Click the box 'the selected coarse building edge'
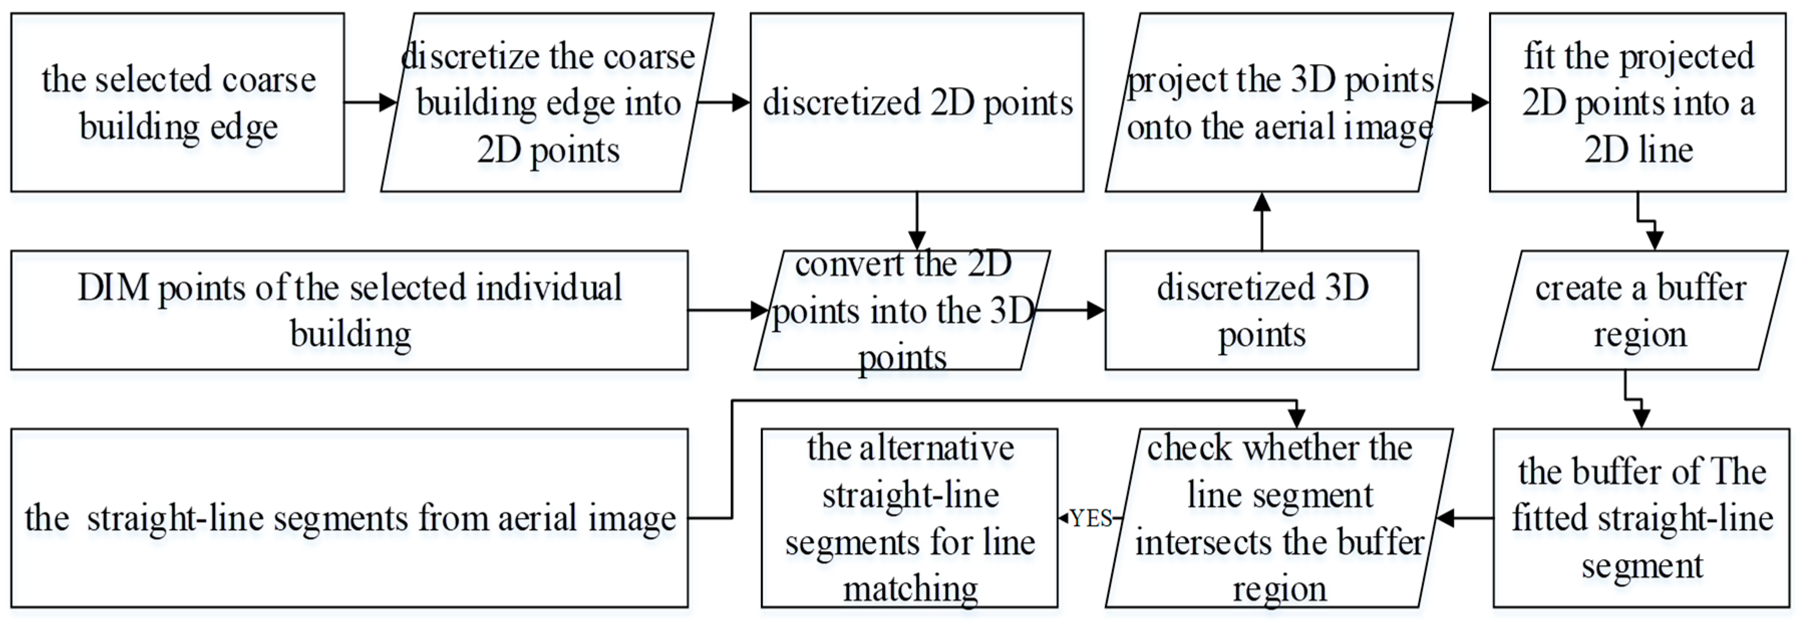point(178,102)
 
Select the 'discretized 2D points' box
point(916,102)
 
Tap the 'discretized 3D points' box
point(1261,310)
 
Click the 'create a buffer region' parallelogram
point(1640,310)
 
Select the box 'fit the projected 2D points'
point(1637,102)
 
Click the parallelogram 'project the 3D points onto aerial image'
point(1279,102)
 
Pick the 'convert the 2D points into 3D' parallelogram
point(902,310)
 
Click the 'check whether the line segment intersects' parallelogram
point(1279,518)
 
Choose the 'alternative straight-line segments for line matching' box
point(909,518)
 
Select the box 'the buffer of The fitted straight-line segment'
point(1641,518)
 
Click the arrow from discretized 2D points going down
point(916,220)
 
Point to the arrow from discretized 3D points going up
point(1261,220)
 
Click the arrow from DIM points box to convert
point(728,310)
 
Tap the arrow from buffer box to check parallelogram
point(1465,519)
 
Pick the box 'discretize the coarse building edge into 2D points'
point(548,102)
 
